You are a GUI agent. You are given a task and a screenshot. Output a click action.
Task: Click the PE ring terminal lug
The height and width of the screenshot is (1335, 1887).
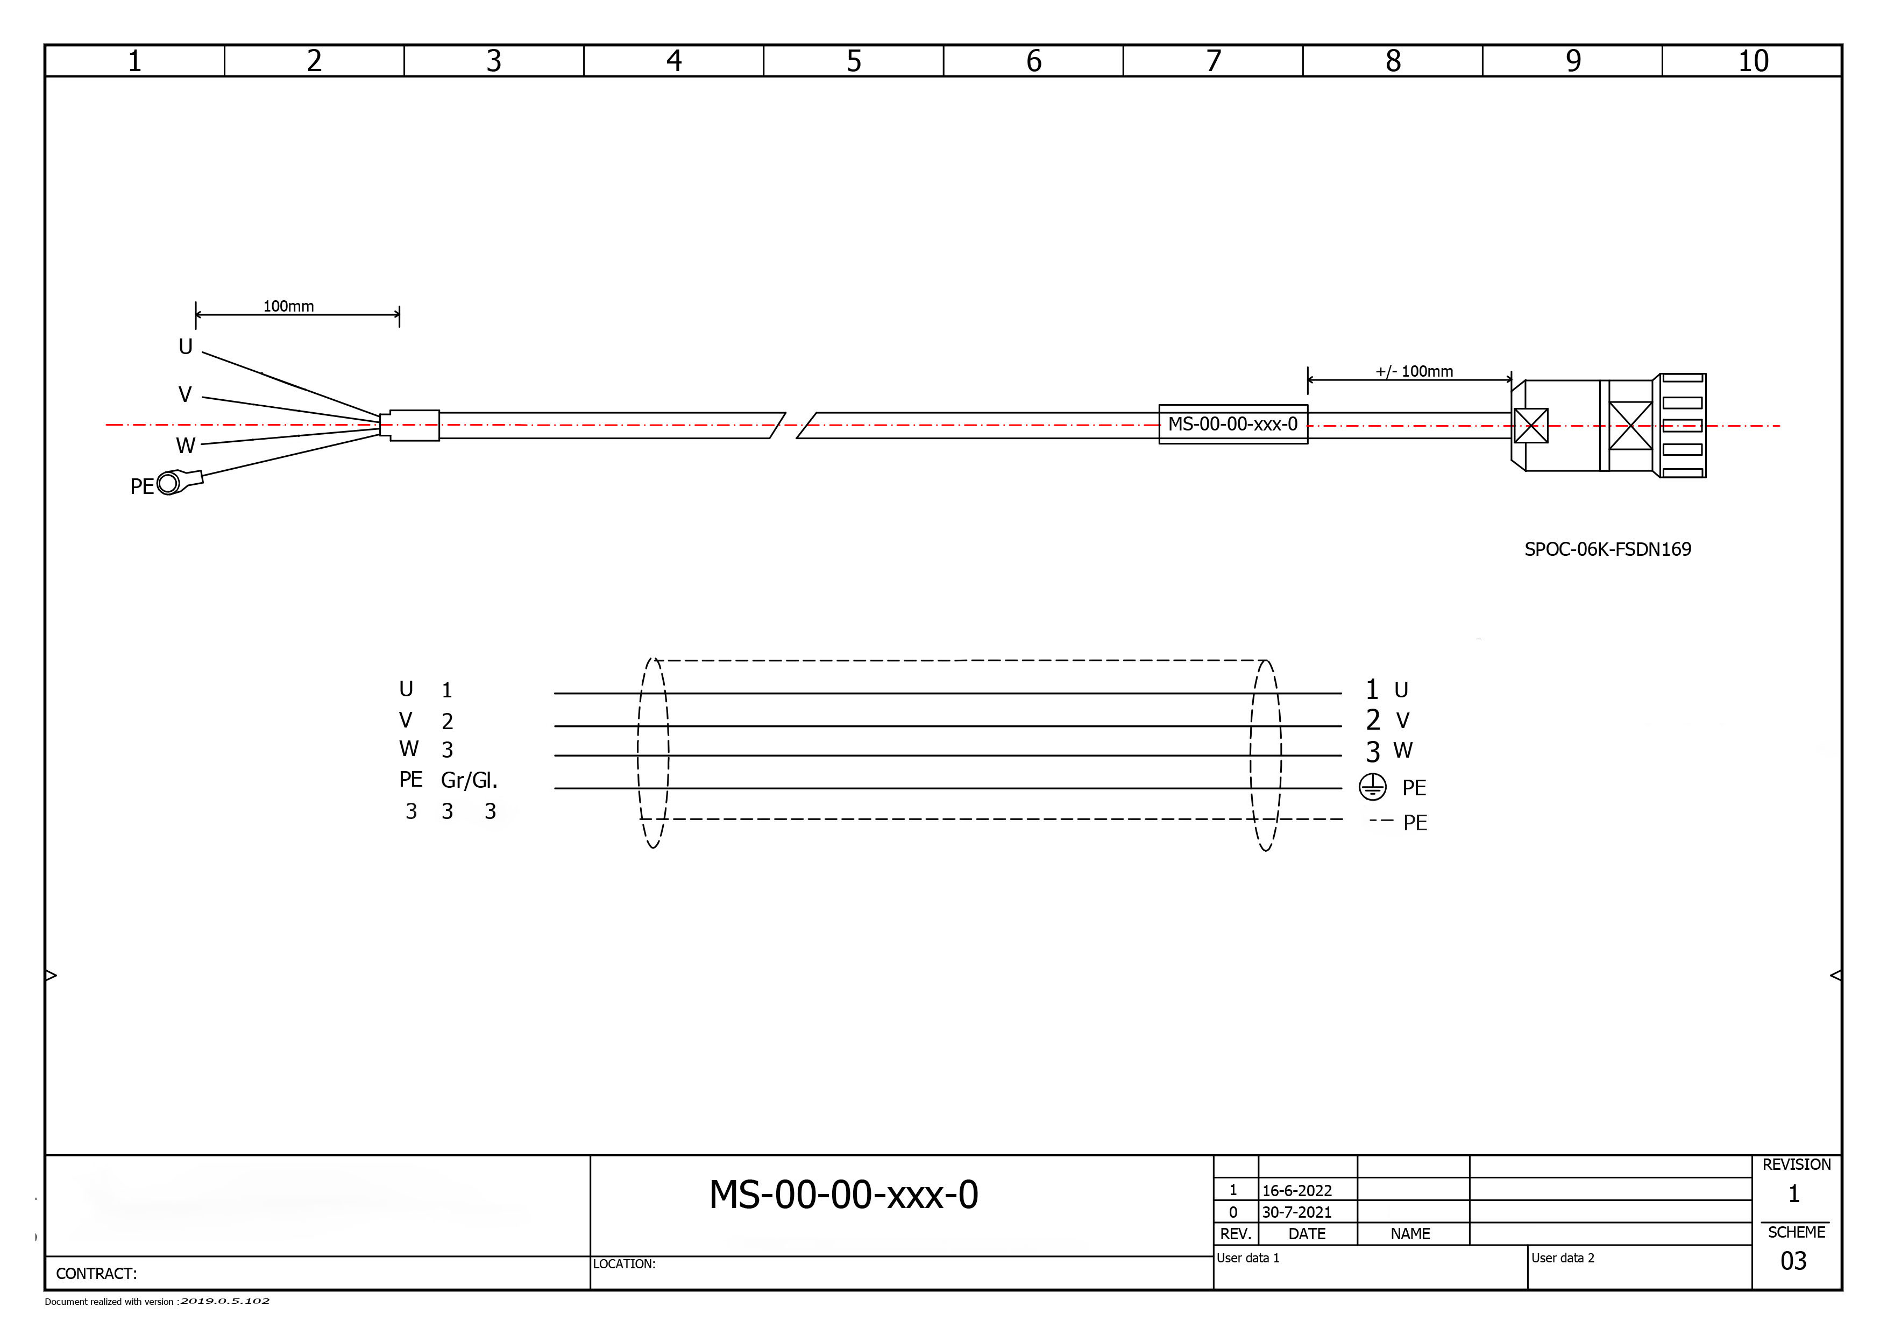pos(170,483)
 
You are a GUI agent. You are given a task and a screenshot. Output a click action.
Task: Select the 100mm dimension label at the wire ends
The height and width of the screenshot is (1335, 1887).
pos(288,307)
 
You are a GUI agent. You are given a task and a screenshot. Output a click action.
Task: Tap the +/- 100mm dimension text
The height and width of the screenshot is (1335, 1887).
pos(1414,372)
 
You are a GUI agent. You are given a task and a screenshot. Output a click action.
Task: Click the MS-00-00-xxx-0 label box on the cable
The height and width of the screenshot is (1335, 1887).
pos(1233,424)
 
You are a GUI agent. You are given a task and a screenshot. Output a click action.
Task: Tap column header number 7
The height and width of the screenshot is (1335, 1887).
pos(1213,61)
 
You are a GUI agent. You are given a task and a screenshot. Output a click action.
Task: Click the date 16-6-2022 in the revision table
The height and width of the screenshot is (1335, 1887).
pos(1297,1190)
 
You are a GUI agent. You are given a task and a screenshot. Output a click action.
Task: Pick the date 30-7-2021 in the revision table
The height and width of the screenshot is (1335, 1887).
pos(1297,1212)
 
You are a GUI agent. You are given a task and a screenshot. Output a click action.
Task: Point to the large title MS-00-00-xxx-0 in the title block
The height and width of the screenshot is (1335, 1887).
pos(843,1195)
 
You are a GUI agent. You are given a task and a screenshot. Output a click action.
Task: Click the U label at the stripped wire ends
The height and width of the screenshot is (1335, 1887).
pos(186,347)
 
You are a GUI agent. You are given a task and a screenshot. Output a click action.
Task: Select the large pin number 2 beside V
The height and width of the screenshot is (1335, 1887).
pos(1373,720)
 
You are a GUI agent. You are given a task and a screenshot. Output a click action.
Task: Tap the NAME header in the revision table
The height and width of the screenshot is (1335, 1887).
pos(1410,1234)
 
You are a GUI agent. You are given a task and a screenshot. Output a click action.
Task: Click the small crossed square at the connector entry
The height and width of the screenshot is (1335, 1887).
pos(1530,426)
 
